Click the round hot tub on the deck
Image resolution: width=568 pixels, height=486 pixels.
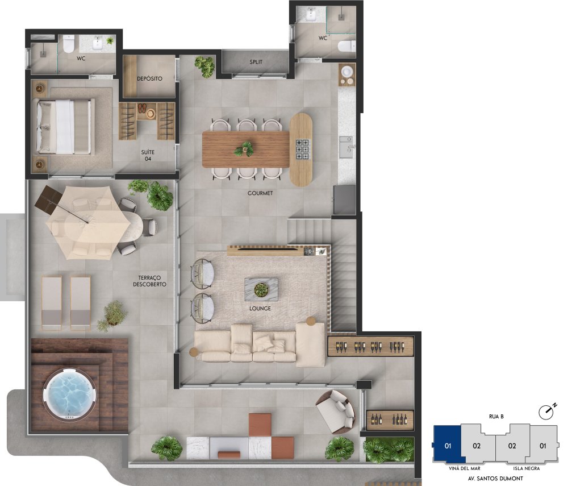[70, 394]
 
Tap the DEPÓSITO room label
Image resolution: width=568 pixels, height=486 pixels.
[149, 78]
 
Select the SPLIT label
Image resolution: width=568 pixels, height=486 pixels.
[256, 62]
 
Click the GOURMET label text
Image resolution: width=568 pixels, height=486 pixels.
[260, 193]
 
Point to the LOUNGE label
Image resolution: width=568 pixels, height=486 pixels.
[260, 309]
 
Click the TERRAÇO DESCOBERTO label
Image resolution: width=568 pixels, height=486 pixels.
[149, 281]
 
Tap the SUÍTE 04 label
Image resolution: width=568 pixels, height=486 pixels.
[148, 156]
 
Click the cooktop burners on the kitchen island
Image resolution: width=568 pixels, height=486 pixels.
[303, 149]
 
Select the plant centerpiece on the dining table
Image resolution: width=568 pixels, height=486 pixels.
[244, 149]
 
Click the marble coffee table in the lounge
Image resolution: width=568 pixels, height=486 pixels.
[261, 289]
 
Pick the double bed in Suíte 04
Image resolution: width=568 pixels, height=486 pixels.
[64, 126]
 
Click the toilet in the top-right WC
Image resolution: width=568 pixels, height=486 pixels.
[346, 46]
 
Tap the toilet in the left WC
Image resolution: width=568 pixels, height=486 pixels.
[69, 43]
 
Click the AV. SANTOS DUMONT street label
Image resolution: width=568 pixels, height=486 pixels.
[495, 479]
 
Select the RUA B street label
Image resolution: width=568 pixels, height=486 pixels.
[496, 417]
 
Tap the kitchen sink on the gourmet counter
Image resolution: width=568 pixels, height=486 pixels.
[346, 147]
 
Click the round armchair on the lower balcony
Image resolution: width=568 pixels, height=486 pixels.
[336, 412]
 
